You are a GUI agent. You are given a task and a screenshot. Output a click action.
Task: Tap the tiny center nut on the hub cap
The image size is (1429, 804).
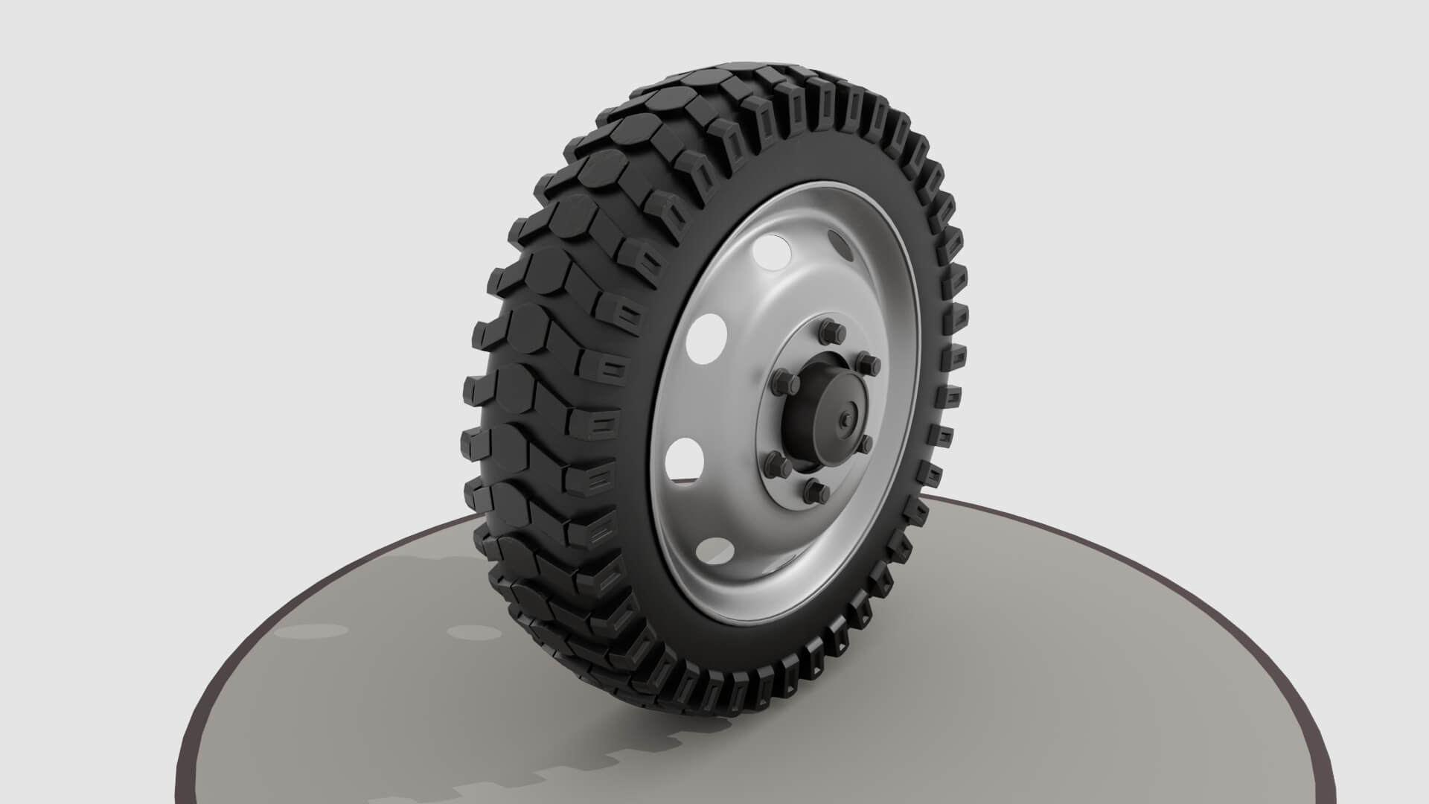point(847,418)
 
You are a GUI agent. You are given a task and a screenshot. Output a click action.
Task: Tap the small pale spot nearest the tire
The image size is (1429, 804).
point(473,633)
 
